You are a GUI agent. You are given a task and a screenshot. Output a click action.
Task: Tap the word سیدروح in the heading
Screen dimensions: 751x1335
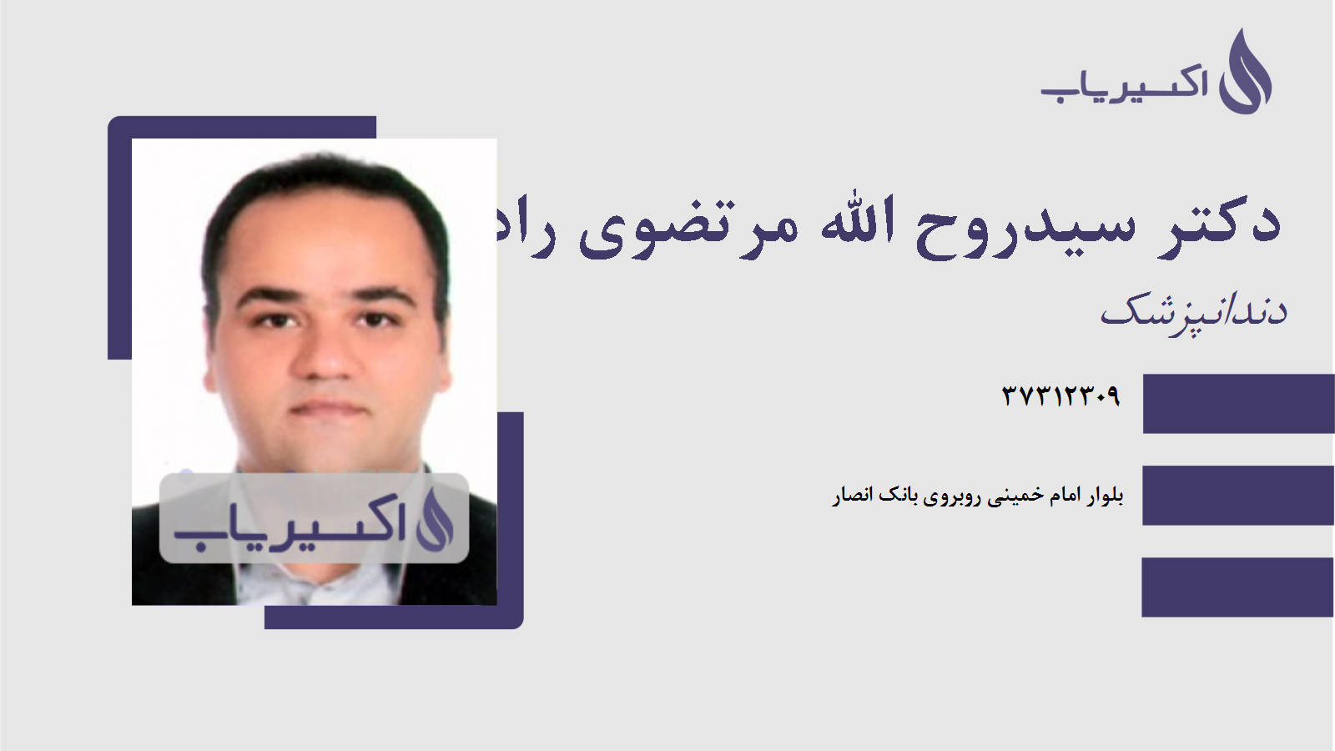click(x=1026, y=225)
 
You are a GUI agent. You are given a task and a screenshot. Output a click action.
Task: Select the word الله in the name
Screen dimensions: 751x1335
click(x=858, y=222)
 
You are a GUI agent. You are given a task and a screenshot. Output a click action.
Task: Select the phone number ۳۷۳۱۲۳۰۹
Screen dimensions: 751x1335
click(x=1060, y=395)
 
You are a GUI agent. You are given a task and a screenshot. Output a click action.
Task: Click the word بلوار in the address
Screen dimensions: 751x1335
click(x=1105, y=496)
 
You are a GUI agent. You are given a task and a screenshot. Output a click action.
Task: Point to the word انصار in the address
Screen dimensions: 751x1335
click(x=852, y=496)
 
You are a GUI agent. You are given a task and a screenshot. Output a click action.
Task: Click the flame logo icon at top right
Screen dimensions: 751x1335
click(x=1246, y=73)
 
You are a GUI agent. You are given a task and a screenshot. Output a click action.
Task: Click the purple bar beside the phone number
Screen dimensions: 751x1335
click(x=1238, y=404)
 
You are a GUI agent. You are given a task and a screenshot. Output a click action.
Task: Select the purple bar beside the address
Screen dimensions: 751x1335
click(x=1238, y=496)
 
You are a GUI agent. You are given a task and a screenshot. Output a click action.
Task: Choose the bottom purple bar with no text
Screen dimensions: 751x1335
click(x=1238, y=587)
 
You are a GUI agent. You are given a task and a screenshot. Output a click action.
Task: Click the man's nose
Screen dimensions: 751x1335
click(x=326, y=355)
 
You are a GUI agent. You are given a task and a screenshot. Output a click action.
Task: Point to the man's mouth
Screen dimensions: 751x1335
click(x=327, y=408)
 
